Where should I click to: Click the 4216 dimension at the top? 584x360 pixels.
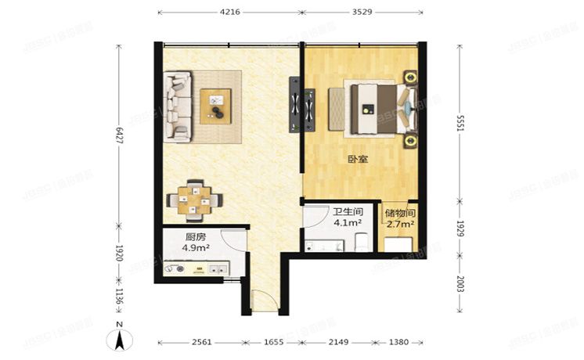pyautogui.click(x=230, y=13)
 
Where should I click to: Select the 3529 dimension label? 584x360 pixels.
pyautogui.click(x=362, y=13)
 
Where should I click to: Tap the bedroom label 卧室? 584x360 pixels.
pyautogui.click(x=359, y=160)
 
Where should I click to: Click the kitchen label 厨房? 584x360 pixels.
pyautogui.click(x=196, y=238)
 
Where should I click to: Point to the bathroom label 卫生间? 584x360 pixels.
pyautogui.click(x=347, y=211)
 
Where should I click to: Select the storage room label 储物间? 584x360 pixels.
pyautogui.click(x=399, y=213)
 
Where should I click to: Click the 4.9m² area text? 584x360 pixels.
pyautogui.click(x=196, y=249)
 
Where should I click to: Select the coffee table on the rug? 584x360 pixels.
pyautogui.click(x=216, y=106)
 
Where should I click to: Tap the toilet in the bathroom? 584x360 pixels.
pyautogui.click(x=361, y=245)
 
